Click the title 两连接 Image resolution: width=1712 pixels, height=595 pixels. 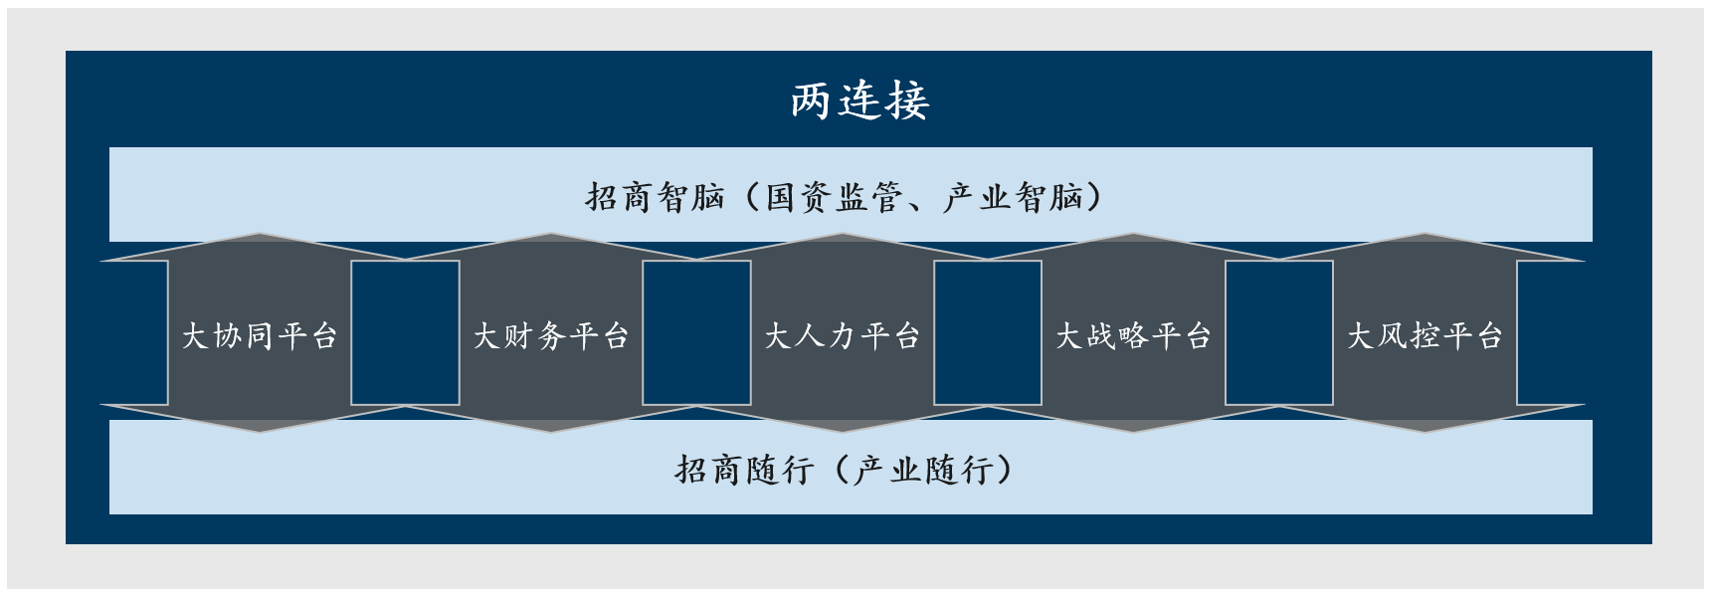click(x=859, y=100)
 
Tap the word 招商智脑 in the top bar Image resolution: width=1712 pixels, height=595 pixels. click(x=655, y=197)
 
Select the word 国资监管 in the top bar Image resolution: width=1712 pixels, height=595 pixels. click(x=834, y=197)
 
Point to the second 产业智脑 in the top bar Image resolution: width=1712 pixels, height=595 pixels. click(x=1013, y=197)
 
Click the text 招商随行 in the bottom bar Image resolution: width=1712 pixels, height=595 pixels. click(x=744, y=469)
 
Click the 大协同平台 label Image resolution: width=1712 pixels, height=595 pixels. click(x=260, y=335)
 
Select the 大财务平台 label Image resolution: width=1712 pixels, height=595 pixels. click(x=551, y=335)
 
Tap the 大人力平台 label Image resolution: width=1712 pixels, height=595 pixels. click(x=842, y=335)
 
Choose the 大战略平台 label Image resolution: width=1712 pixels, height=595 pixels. click(x=1133, y=335)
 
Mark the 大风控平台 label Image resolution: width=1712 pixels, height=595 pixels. click(x=1425, y=335)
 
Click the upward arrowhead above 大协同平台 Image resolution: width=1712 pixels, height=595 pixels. click(x=260, y=248)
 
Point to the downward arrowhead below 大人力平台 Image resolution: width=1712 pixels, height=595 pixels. click(x=842, y=419)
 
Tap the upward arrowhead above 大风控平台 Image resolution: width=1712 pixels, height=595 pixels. click(x=1425, y=248)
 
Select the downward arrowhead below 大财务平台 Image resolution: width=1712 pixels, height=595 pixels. click(x=551, y=419)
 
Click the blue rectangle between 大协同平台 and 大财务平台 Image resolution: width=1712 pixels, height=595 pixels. click(x=405, y=332)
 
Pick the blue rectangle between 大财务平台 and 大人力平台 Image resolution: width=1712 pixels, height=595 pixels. click(x=696, y=332)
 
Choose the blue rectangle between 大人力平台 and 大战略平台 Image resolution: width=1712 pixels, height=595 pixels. click(x=988, y=332)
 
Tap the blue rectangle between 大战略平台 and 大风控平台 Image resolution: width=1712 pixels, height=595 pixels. click(x=1279, y=332)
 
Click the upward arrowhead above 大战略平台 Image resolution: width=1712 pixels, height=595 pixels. click(x=1133, y=248)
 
